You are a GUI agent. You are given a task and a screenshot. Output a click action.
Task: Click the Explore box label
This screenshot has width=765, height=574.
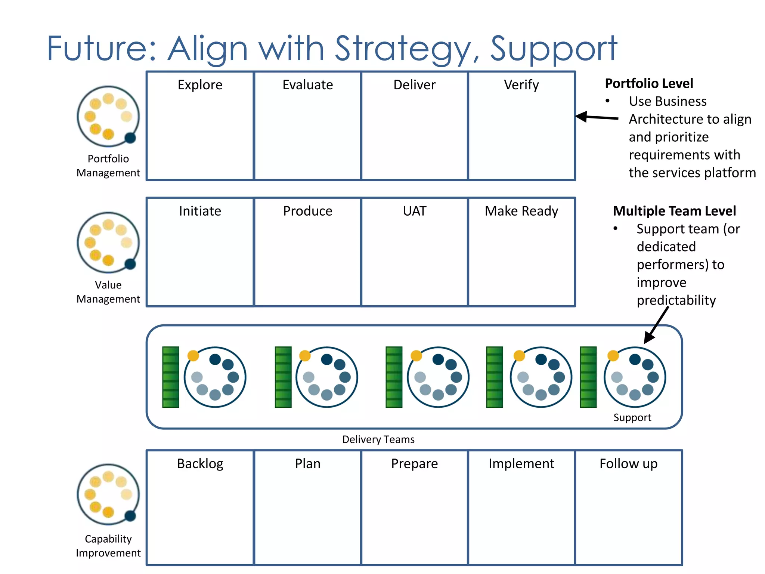200,85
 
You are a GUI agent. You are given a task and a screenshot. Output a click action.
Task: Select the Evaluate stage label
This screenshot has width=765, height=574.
307,85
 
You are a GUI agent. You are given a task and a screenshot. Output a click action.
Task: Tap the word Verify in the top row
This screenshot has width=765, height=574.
521,85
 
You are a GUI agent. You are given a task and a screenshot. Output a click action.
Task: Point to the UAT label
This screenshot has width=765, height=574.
414,211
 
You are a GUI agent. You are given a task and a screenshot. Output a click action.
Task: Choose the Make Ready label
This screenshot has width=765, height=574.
521,211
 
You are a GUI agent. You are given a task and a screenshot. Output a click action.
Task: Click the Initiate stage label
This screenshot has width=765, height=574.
200,211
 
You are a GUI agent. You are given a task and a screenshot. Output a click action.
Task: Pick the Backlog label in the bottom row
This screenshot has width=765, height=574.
200,464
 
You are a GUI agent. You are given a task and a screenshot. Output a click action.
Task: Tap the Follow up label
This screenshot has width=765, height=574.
628,464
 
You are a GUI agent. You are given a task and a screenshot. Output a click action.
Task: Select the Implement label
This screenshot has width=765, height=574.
521,464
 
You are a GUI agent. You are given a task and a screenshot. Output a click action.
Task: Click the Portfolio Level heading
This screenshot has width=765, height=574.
649,83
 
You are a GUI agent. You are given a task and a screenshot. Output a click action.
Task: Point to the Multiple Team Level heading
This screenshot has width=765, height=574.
674,211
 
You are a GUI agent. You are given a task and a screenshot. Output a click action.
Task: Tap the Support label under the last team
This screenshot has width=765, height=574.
632,417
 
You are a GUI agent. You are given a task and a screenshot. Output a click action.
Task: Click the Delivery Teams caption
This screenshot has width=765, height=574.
378,439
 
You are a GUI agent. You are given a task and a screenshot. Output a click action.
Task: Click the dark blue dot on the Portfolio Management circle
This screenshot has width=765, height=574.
130,138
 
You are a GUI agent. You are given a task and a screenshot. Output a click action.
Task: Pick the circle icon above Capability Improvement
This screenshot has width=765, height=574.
108,494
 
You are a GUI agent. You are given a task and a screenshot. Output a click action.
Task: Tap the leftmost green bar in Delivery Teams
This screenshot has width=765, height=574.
171,377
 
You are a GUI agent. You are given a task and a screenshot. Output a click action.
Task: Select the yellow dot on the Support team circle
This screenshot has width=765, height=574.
613,355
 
